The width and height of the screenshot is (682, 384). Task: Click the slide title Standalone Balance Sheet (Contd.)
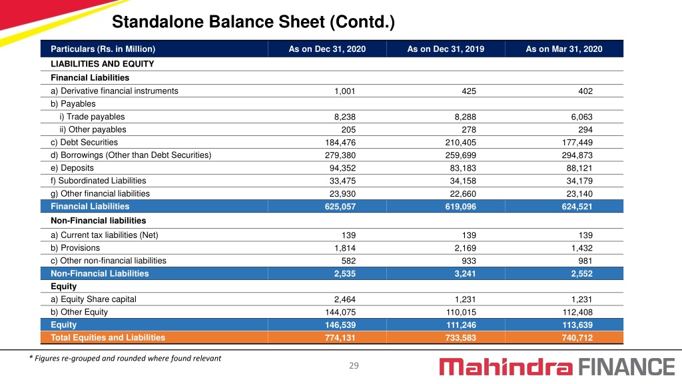click(253, 22)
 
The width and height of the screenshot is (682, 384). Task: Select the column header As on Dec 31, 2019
click(446, 49)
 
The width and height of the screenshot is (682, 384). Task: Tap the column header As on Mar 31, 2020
click(563, 49)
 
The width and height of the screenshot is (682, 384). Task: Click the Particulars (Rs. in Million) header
click(103, 49)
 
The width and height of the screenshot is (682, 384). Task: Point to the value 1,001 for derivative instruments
click(344, 91)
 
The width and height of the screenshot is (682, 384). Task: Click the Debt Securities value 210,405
click(460, 143)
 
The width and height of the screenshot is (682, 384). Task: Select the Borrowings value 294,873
click(577, 155)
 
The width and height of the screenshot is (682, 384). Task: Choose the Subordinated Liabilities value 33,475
click(342, 181)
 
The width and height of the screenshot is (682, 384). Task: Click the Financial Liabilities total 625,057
click(340, 207)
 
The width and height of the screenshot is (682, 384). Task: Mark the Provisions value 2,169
click(465, 248)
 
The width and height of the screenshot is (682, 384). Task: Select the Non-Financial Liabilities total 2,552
click(581, 273)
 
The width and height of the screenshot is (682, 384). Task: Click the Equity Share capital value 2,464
click(344, 299)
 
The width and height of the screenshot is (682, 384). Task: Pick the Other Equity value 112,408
click(577, 312)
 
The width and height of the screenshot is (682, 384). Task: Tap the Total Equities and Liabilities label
click(108, 337)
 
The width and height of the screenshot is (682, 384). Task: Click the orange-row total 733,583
click(460, 337)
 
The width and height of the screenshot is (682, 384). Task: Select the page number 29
click(354, 366)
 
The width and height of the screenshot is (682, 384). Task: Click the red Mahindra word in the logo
click(506, 367)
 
